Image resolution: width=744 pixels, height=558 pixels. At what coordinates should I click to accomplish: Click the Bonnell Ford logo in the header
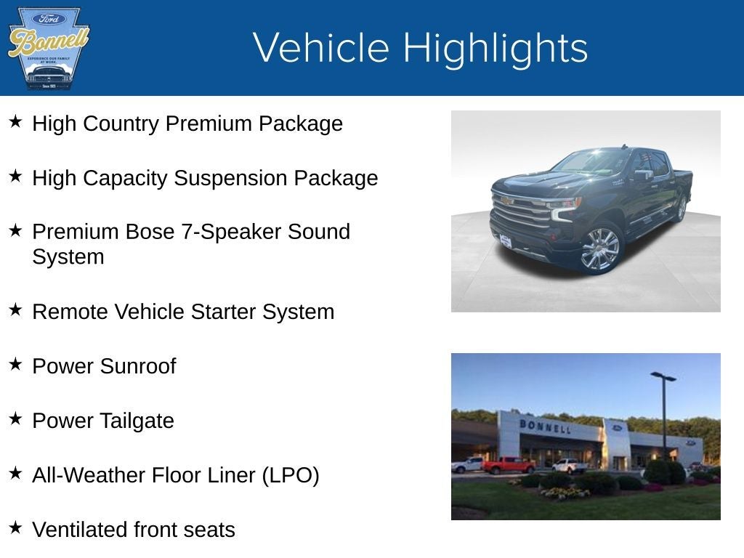48,48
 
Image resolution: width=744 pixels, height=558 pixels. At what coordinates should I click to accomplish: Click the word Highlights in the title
495,49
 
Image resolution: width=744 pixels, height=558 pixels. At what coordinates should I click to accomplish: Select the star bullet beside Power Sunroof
15,364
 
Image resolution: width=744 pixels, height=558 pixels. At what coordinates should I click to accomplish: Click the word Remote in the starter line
70,312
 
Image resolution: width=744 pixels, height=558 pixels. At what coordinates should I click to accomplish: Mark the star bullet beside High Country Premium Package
15,121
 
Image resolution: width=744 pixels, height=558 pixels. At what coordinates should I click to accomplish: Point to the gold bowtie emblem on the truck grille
506,201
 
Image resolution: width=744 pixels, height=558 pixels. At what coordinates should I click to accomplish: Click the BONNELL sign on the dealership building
545,426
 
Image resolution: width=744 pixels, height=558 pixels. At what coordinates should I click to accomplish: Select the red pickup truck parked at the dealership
509,464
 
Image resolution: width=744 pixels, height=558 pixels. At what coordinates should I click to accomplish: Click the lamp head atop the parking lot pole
663,376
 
